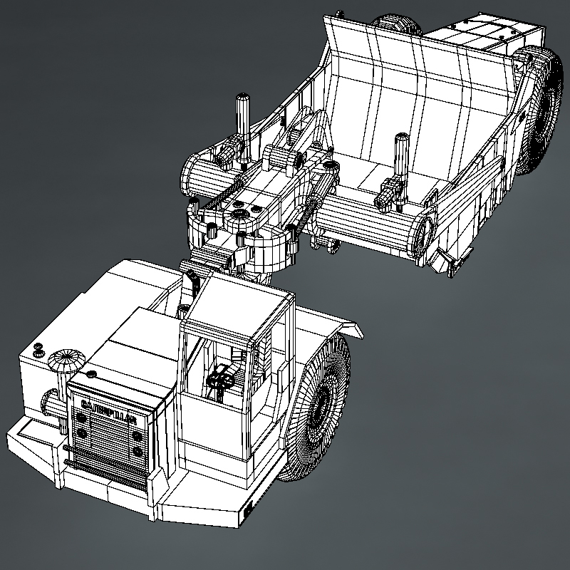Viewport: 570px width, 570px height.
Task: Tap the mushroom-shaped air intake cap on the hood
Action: (66, 360)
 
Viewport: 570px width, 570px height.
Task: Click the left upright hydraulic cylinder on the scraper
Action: (243, 125)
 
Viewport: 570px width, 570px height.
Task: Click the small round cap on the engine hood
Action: (90, 374)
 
